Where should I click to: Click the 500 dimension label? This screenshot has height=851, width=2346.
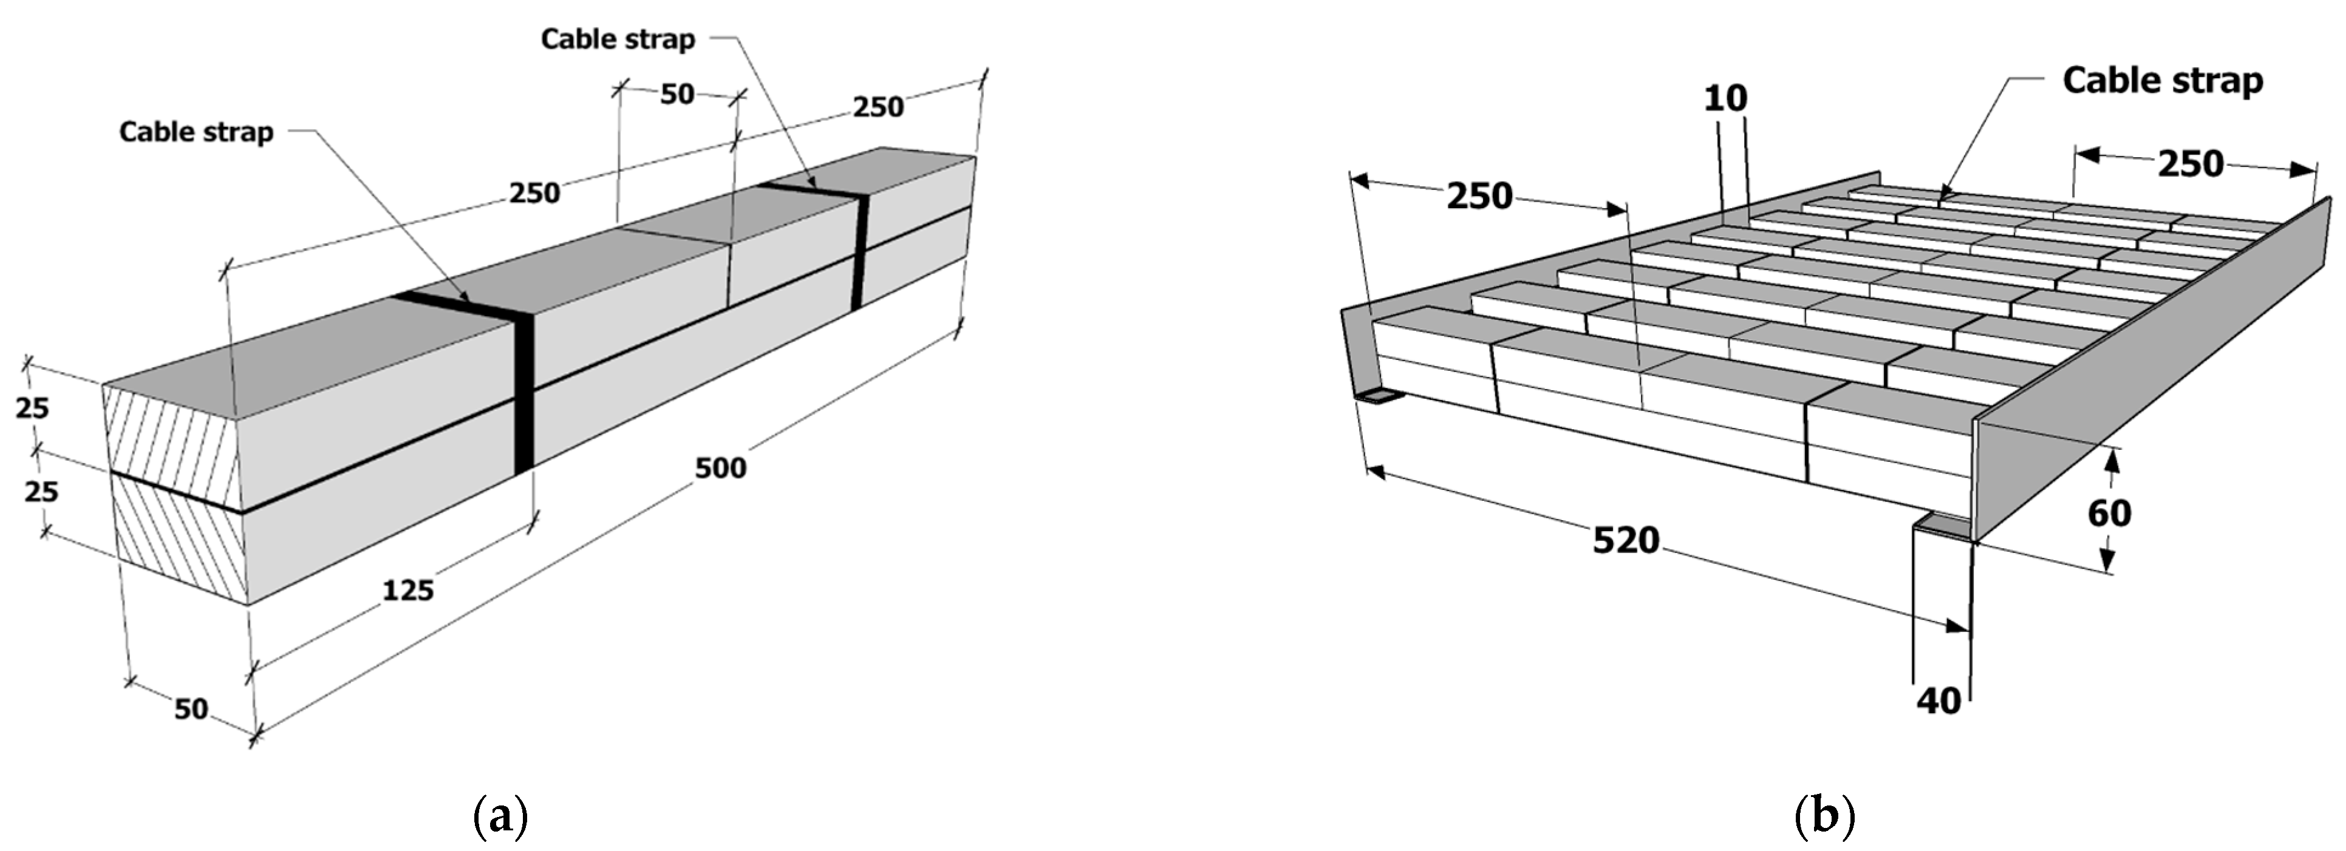click(720, 468)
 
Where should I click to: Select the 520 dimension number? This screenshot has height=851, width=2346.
click(1626, 541)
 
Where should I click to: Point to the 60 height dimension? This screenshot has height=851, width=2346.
click(2109, 514)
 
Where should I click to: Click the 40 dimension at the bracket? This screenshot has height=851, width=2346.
click(1939, 701)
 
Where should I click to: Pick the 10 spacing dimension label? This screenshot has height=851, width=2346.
click(1726, 97)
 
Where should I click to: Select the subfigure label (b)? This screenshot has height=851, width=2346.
click(1825, 816)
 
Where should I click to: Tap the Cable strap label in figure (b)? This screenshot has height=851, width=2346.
click(2162, 81)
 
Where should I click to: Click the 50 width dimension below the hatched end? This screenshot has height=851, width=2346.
click(191, 708)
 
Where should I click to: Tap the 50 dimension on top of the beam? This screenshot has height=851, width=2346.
click(677, 93)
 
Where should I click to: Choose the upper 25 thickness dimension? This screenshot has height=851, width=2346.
click(32, 409)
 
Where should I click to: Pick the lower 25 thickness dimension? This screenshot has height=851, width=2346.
click(41, 492)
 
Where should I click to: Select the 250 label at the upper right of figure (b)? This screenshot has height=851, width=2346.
click(2191, 164)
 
